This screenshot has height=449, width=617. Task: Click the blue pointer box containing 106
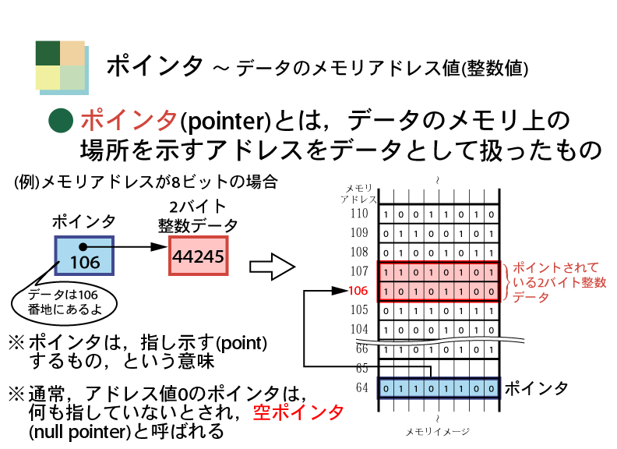84,256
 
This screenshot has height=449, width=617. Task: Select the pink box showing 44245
199,256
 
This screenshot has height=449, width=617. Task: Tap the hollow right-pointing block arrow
273,267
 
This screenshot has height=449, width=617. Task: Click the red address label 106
358,291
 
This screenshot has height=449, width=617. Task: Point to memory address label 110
359,214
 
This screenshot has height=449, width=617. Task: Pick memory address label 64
361,387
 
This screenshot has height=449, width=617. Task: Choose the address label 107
359,271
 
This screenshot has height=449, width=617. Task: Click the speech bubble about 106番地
64,302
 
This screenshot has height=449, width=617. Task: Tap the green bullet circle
61,121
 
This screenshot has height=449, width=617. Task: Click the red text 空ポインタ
298,412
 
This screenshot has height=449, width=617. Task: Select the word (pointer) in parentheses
225,122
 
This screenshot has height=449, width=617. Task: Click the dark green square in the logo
48,53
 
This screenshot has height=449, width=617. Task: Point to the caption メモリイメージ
438,432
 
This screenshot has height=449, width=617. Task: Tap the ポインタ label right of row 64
536,388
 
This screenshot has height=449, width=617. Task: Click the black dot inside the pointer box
83,247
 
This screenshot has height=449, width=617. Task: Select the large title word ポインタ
155,65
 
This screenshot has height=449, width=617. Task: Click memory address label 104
359,329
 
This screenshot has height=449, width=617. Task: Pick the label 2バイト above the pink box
198,207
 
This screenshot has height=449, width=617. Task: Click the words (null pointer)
80,433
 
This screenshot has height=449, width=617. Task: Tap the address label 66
361,349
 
